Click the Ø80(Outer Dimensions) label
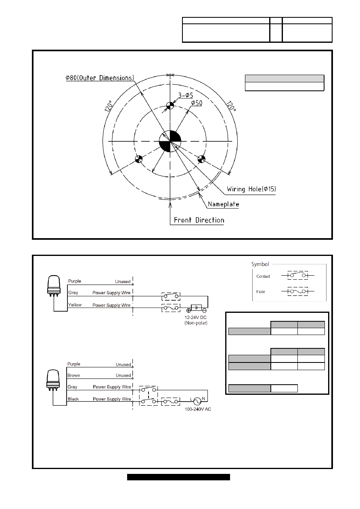(x=100, y=78)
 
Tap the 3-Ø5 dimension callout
(x=186, y=95)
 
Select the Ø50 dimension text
(x=197, y=103)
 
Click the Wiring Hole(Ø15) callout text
(x=251, y=189)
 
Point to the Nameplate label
(x=224, y=204)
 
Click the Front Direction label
(x=199, y=220)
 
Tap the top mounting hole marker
(x=170, y=105)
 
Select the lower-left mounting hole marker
(x=138, y=159)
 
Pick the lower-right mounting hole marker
(x=201, y=159)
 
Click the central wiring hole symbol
(x=170, y=141)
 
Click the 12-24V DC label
(x=196, y=317)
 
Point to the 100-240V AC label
(x=198, y=409)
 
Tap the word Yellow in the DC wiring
(x=75, y=305)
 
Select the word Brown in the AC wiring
(x=73, y=375)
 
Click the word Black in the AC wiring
(x=73, y=399)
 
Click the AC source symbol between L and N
(x=197, y=402)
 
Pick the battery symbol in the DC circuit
(x=196, y=308)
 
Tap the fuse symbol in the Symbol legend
(x=298, y=291)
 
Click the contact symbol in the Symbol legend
(x=298, y=275)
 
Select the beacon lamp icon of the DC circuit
(x=54, y=286)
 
